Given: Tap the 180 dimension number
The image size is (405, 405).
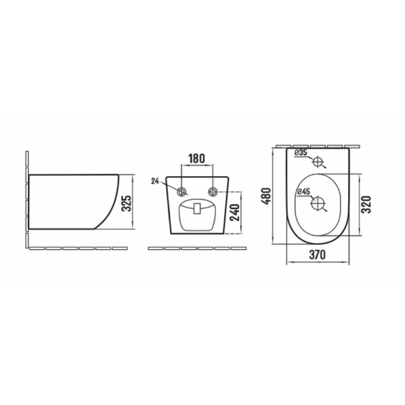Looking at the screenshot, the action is click(196, 158).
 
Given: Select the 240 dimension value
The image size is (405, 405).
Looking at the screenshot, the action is click(235, 213).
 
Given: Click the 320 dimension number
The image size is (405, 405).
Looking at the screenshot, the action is click(366, 205).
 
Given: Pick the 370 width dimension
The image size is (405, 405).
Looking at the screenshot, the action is click(317, 255).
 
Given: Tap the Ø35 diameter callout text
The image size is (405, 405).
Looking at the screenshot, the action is click(301, 153).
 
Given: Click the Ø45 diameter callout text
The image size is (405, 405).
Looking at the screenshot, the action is click(303, 191).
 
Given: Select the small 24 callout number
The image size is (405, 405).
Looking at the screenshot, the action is click(155, 181).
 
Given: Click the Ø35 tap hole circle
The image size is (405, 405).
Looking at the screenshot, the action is click(318, 161).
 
